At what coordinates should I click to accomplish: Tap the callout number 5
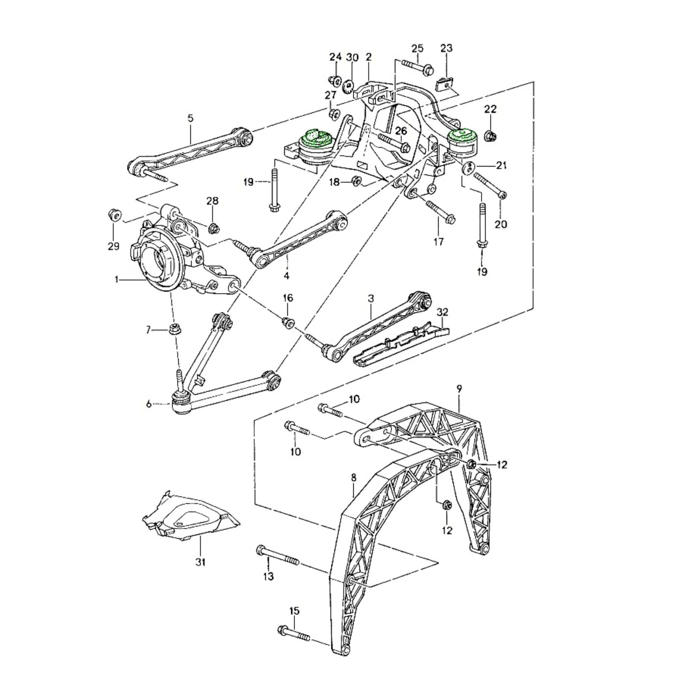[190, 118]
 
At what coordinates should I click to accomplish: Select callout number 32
[442, 312]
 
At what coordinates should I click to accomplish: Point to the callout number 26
[401, 131]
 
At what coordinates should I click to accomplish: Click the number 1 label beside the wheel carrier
[117, 280]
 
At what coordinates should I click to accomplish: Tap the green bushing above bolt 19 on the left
[316, 137]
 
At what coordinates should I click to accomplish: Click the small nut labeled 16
[288, 322]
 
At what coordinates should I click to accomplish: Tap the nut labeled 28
[213, 228]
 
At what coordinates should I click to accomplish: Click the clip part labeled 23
[446, 85]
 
